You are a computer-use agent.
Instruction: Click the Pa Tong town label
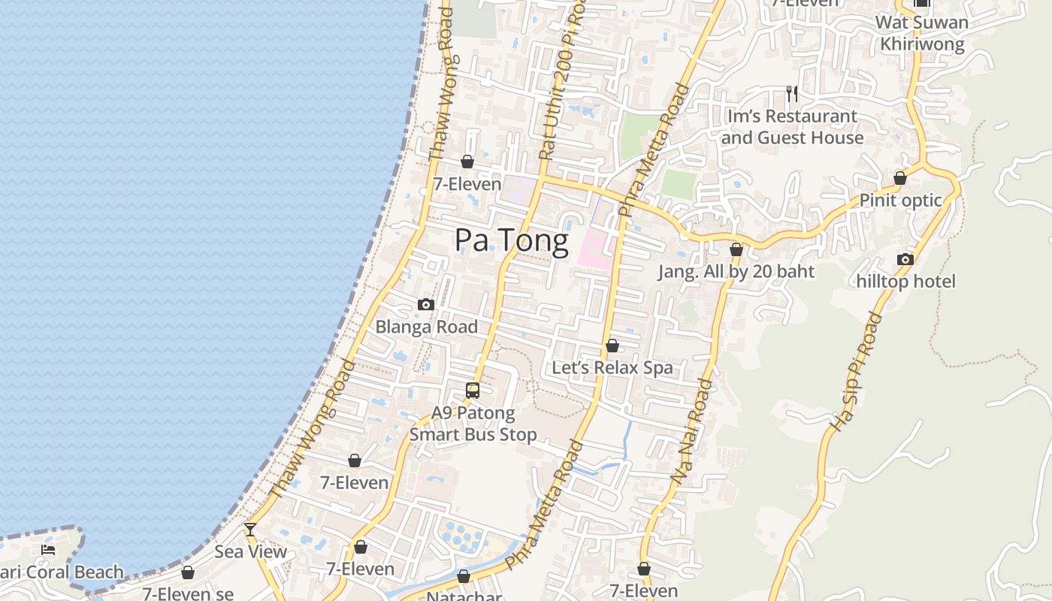[x=512, y=240]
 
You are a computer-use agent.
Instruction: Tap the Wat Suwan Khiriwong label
[x=922, y=33]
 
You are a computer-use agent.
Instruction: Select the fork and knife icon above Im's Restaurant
[x=791, y=93]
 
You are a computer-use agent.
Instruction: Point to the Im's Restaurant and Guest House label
[x=792, y=127]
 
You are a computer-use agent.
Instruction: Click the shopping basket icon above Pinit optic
[x=899, y=179]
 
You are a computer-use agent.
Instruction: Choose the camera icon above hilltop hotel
[x=905, y=260]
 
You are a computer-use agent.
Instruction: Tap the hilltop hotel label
[x=906, y=282]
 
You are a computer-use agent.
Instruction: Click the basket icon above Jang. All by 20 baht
[x=736, y=249]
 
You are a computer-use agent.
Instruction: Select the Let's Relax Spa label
[x=612, y=368]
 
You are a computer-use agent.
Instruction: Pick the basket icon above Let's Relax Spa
[x=612, y=346]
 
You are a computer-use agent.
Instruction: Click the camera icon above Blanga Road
[x=426, y=304]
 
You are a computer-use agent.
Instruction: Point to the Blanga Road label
[x=426, y=327]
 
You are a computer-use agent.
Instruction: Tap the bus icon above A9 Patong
[x=473, y=391]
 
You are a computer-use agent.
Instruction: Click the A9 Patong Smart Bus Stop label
[x=473, y=424]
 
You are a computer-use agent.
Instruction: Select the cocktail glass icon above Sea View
[x=250, y=529]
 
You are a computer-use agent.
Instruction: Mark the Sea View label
[x=251, y=551]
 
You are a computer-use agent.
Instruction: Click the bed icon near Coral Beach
[x=48, y=550]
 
